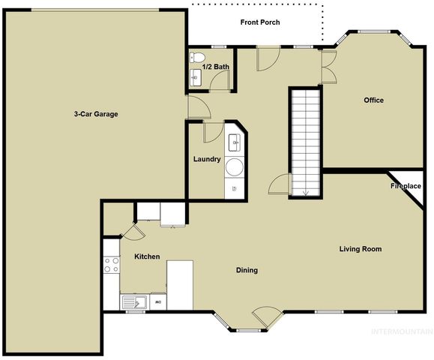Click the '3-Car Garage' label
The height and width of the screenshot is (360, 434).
pos(96,114)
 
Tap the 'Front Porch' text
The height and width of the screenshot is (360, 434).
pos(260,22)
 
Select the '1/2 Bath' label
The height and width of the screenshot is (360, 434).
pos(215,67)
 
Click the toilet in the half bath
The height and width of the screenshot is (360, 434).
pos(197,57)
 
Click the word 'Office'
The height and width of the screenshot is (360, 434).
pos(373,100)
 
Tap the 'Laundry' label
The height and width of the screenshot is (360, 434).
pos(206,159)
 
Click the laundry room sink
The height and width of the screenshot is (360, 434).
pos(234,141)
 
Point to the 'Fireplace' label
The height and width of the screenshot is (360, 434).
pos(406,185)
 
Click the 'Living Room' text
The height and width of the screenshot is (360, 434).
pos(361,249)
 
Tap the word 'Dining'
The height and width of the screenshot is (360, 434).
pos(247,270)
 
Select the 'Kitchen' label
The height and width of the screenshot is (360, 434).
pos(147,256)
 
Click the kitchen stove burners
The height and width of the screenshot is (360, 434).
pos(111,265)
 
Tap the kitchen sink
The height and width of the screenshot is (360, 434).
pos(135,302)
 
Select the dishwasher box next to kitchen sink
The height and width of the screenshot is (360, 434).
pos(157,302)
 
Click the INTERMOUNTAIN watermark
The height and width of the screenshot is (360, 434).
pos(403,331)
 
